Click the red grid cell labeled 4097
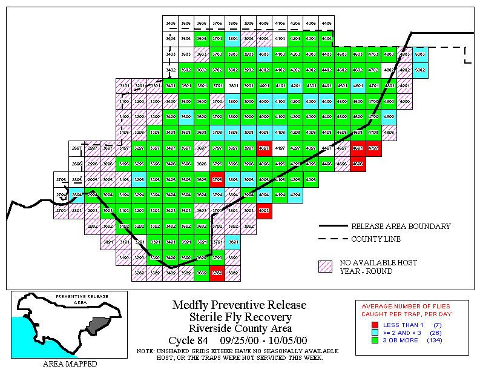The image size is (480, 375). click(265, 148)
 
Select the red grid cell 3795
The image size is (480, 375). click(218, 179)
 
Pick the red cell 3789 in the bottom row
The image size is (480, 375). click(218, 274)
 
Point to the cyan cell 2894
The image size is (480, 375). click(77, 195)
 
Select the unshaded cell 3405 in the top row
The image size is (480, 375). click(171, 22)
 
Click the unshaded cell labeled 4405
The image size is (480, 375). click(327, 22)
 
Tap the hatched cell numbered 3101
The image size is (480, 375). click(125, 85)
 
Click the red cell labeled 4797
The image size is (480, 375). click(373, 148)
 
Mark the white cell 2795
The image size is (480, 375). click(61, 180)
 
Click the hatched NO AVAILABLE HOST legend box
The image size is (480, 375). click(326, 267)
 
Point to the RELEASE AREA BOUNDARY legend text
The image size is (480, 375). click(401, 227)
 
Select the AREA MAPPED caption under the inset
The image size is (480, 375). click(70, 364)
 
